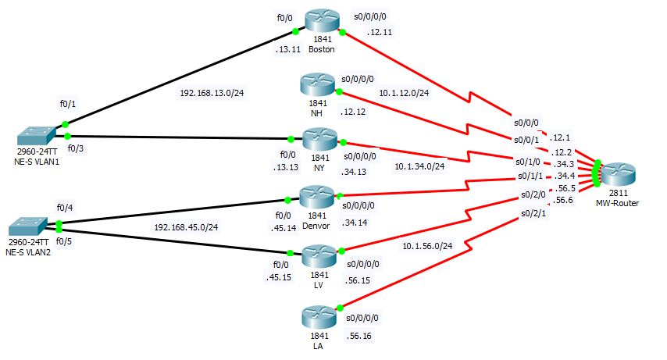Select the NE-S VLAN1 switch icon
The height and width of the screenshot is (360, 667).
37,134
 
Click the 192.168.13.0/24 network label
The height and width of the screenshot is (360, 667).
210,93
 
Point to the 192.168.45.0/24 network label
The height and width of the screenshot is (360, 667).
185,228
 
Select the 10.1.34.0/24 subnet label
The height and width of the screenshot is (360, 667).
419,166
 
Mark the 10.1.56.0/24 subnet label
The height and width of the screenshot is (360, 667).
430,245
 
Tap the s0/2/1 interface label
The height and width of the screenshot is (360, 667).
534,213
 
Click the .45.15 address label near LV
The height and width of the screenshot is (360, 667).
278,276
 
